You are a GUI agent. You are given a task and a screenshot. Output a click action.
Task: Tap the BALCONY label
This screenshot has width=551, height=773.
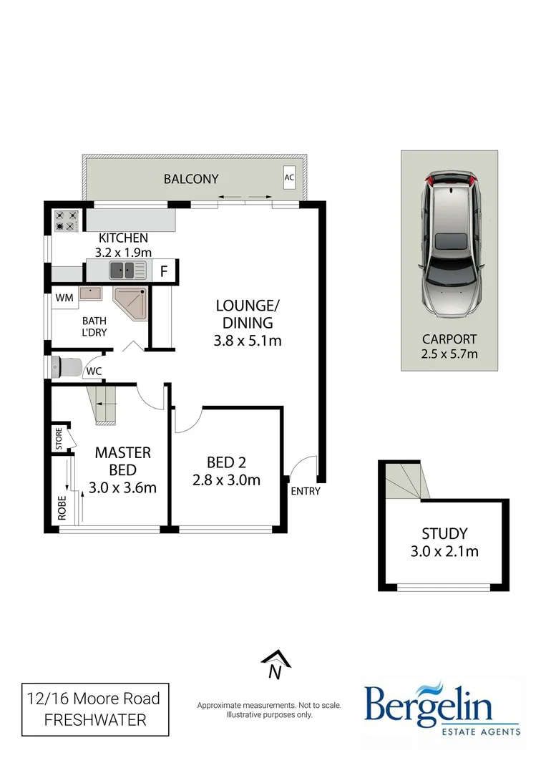point(191,179)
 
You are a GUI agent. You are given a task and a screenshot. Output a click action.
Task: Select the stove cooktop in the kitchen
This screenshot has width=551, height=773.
point(66,220)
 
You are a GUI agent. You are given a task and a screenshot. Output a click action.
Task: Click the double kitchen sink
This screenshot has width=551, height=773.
point(121,271)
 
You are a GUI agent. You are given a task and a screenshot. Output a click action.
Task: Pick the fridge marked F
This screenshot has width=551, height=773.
point(163,271)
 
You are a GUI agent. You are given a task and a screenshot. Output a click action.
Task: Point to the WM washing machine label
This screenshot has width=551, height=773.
point(64,296)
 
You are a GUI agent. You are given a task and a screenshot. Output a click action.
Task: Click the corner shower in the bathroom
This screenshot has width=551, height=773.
point(131,303)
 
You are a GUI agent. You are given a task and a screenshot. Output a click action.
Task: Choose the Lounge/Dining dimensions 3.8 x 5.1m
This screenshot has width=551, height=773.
point(247,341)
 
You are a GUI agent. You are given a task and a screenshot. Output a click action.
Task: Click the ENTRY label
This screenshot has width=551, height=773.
point(306,491)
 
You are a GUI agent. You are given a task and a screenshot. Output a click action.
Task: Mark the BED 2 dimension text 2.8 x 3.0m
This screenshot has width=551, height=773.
point(226,480)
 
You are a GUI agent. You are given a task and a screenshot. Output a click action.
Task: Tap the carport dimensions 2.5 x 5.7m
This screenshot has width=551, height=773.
point(449,354)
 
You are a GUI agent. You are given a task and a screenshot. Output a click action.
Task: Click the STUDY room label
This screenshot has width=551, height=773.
point(444,533)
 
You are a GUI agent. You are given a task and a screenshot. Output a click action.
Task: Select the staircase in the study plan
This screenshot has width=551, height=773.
point(405,480)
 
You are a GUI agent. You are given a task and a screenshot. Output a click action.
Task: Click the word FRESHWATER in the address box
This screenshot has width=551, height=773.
point(95,720)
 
